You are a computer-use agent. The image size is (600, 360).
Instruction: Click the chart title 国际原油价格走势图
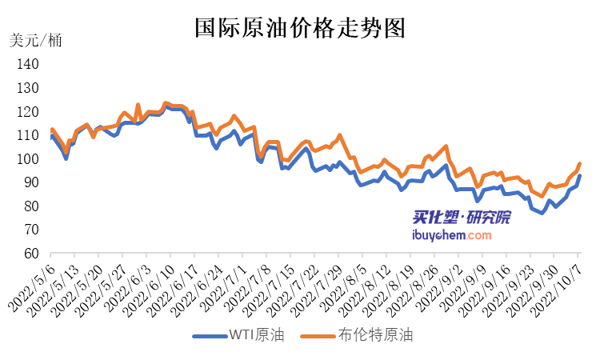(x=300, y=30)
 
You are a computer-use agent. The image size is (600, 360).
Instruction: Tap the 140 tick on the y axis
(x=28, y=65)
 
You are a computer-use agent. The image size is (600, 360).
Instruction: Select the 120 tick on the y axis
(x=28, y=112)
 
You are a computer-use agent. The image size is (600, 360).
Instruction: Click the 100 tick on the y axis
(x=28, y=159)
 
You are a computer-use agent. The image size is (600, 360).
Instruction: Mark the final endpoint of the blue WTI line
(x=580, y=176)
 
